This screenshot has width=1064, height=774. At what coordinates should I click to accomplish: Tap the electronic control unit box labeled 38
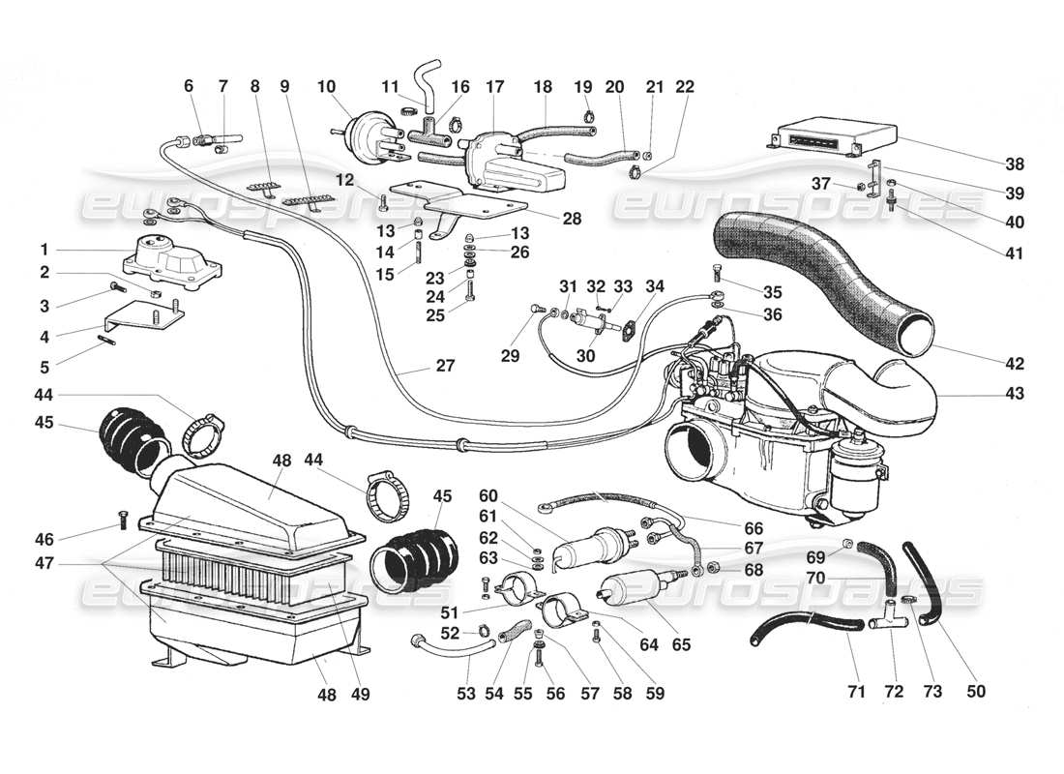[x=814, y=138]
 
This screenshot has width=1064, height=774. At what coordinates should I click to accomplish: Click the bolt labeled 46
[x=123, y=520]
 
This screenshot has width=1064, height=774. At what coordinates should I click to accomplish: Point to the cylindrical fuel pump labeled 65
[x=628, y=592]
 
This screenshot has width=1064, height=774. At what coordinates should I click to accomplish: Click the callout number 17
[x=495, y=86]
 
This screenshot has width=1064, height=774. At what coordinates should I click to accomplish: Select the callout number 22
[x=686, y=86]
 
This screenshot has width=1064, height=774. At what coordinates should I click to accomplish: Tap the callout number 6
[x=189, y=86]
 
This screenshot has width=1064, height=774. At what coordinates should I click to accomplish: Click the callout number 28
[x=572, y=220]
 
